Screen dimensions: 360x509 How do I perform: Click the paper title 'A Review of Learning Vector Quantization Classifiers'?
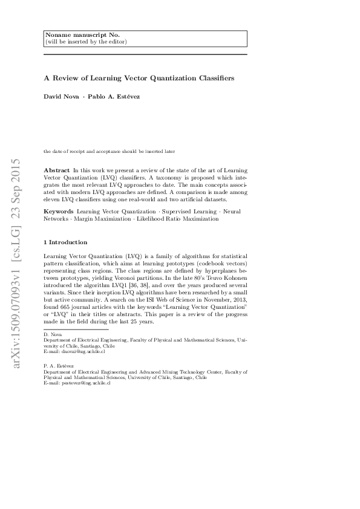[139, 79]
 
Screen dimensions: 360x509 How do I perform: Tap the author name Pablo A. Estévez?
[113, 97]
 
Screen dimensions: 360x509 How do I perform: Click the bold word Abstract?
[57, 171]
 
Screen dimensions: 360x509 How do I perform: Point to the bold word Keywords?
[59, 212]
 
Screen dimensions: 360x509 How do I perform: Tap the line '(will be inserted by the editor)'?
[86, 42]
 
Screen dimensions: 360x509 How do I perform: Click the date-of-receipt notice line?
[109, 151]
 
